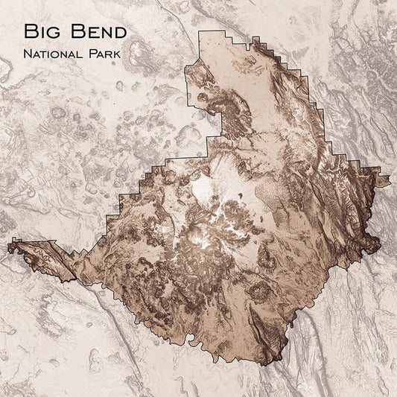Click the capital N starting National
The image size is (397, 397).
[28, 55]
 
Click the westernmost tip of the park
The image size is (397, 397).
[8, 244]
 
